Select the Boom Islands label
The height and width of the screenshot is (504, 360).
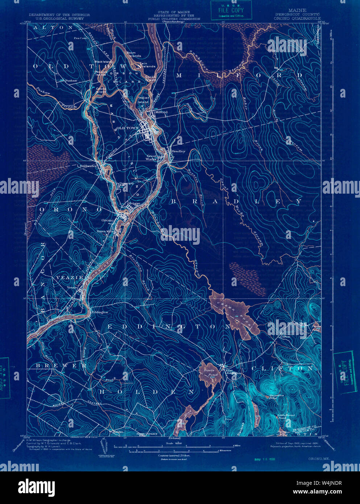[x=133, y=54]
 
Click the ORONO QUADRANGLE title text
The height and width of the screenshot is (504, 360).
[x=297, y=18]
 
